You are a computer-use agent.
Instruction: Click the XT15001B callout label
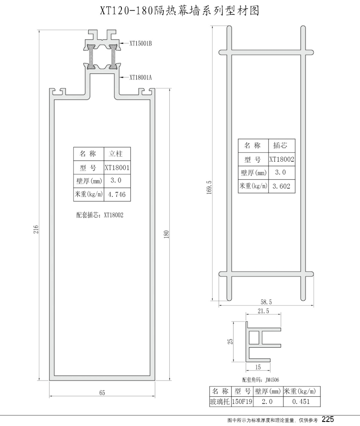[140, 44]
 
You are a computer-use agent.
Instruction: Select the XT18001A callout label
[140, 77]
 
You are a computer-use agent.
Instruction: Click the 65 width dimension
[102, 393]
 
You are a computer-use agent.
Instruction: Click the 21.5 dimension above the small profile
[264, 311]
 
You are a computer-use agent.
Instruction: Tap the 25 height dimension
[230, 341]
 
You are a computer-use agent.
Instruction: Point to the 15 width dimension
[258, 367]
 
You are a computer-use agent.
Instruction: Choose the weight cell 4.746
[118, 195]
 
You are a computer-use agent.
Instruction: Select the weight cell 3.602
[282, 186]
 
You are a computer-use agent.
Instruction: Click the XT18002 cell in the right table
[282, 159]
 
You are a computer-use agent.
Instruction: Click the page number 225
[328, 419]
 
